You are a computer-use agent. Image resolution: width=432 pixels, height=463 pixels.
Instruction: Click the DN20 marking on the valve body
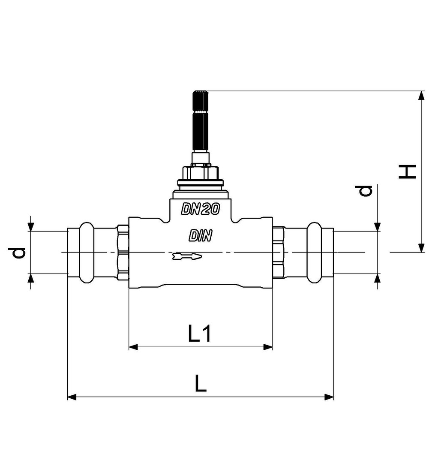click(x=201, y=209)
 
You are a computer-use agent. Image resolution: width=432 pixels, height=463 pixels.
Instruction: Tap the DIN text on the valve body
click(x=201, y=236)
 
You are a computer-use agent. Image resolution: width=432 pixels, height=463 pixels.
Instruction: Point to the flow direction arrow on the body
click(x=187, y=256)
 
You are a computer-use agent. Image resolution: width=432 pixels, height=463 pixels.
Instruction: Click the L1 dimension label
click(x=200, y=333)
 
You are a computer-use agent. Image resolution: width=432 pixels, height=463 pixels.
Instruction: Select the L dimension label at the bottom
click(x=201, y=383)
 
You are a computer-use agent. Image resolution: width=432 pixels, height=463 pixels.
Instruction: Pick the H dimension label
click(x=408, y=172)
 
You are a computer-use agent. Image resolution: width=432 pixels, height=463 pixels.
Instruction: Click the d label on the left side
click(x=18, y=253)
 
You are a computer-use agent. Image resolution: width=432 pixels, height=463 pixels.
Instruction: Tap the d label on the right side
click(x=365, y=191)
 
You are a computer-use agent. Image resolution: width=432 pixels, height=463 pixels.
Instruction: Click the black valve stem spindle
click(x=201, y=121)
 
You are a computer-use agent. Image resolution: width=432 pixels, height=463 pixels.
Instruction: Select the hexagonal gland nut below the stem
click(x=201, y=173)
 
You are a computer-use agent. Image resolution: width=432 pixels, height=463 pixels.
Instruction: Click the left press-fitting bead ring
click(x=87, y=253)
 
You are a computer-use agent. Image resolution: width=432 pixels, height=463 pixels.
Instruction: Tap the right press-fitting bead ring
click(x=314, y=253)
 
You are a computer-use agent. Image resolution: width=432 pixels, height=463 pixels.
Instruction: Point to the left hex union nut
click(x=123, y=253)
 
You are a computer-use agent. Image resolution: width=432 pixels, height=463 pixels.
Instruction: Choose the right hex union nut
click(x=278, y=253)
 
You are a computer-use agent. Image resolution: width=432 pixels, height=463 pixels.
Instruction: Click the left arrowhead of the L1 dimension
click(x=133, y=347)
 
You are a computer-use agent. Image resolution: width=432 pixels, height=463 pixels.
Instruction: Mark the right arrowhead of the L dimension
click(x=329, y=397)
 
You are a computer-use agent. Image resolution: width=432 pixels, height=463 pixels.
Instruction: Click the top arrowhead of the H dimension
click(x=422, y=96)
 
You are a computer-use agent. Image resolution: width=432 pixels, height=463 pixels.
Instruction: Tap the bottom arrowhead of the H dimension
click(x=422, y=248)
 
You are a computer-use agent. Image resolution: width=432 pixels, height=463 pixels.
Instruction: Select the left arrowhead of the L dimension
click(x=72, y=397)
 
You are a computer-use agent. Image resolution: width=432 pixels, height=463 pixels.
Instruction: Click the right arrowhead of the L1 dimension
click(x=268, y=347)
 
